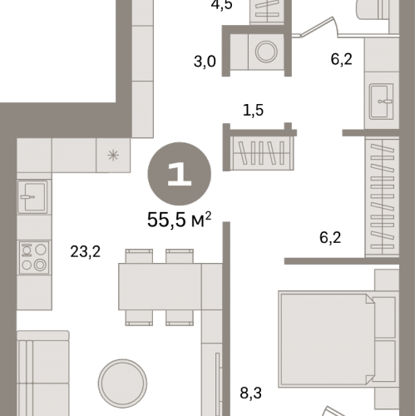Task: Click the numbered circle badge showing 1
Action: click(x=180, y=174)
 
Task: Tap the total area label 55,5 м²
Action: click(x=179, y=220)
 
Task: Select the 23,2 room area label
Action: click(x=86, y=252)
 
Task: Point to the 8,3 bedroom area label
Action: click(x=250, y=393)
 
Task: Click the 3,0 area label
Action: click(x=205, y=62)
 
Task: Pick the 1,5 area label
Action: click(x=253, y=110)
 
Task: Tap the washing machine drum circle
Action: click(x=266, y=52)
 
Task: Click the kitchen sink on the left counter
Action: click(x=32, y=196)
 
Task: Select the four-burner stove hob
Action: click(x=34, y=257)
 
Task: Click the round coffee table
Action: click(x=122, y=384)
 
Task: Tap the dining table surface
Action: click(x=160, y=286)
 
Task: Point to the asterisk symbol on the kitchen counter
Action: click(x=113, y=155)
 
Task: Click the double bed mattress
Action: click(x=327, y=339)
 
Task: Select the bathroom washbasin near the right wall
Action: click(x=382, y=102)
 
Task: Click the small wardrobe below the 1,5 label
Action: click(x=262, y=153)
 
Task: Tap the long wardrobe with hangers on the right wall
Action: click(x=383, y=196)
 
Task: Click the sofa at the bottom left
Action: click(x=43, y=373)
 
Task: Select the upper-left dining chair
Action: click(x=139, y=256)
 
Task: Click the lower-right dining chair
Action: click(x=180, y=318)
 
